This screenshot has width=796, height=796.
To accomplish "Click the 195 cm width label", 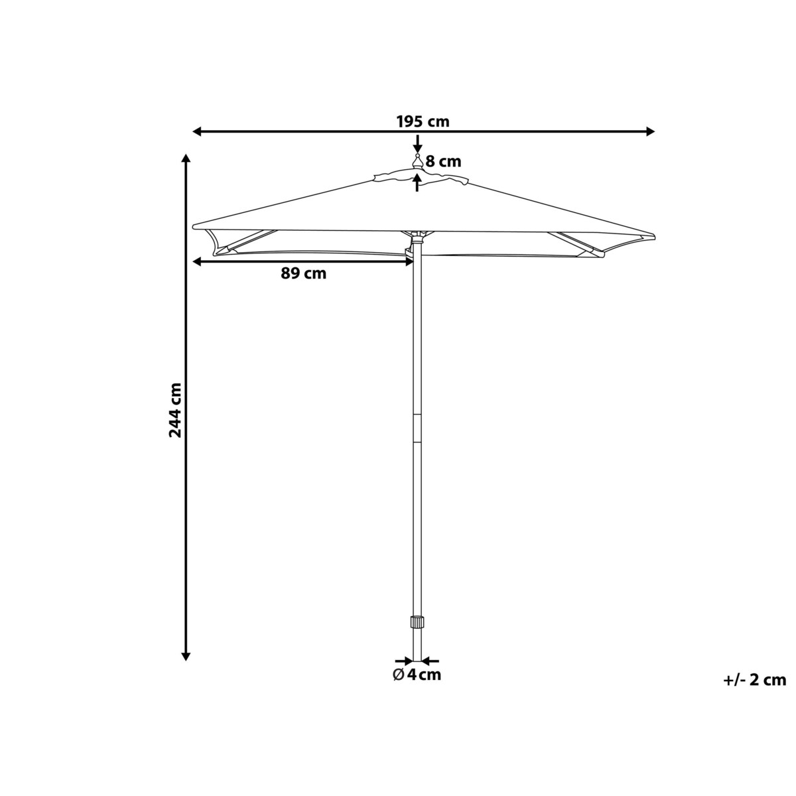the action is (423, 122).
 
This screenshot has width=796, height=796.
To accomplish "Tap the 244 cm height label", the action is (175, 410).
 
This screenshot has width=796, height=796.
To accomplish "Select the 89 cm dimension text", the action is (304, 273).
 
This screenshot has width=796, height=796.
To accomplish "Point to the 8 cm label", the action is (443, 161).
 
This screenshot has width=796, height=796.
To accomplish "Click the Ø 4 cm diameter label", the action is (417, 675).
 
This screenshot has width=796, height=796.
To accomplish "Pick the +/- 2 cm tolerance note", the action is (755, 680).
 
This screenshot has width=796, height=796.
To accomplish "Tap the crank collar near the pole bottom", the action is (417, 633).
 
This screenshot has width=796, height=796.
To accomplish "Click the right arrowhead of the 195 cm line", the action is (651, 132).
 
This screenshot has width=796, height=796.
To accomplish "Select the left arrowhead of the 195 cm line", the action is (198, 132).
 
